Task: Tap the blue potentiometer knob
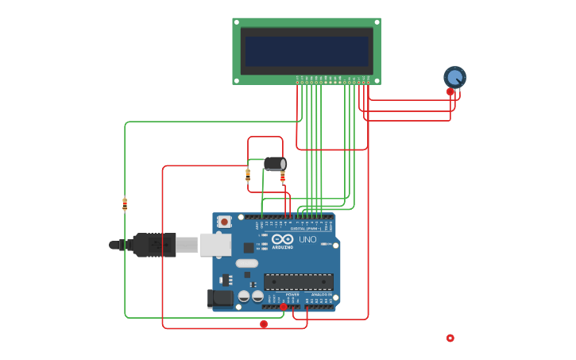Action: (x=454, y=77)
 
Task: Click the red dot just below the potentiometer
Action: (x=450, y=91)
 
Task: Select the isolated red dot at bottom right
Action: (x=450, y=338)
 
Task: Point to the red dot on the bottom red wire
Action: (x=264, y=324)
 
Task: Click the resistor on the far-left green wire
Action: (x=125, y=204)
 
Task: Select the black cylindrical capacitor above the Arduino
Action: (x=274, y=164)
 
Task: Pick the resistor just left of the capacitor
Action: (x=248, y=175)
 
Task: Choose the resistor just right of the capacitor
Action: (x=283, y=176)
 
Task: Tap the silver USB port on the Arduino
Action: (x=215, y=245)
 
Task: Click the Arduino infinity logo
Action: (x=282, y=239)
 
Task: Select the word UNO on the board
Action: (x=307, y=239)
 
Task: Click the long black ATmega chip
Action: (x=298, y=281)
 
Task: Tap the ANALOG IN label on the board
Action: (x=322, y=294)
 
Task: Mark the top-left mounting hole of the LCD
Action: (x=237, y=22)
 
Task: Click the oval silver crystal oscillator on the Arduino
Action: (x=247, y=263)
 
